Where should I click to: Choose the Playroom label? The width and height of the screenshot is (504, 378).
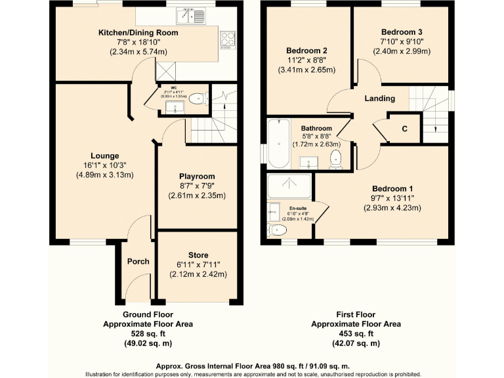coord(197,177)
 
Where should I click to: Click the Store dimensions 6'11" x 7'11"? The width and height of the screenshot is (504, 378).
coord(197,264)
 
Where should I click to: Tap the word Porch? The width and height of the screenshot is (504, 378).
coord(138,261)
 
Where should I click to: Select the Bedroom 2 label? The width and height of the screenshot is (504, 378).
coord(306,51)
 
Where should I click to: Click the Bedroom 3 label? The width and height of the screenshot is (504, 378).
coord(402,31)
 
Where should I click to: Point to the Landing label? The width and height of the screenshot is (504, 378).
coord(379,99)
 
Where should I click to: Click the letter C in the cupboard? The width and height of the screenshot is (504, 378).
coord(404,129)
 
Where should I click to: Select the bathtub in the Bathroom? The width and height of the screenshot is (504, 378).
coord(278,144)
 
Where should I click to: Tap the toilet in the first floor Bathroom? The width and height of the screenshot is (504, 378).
coord(336,159)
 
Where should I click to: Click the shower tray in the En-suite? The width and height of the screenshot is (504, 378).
coord(289,186)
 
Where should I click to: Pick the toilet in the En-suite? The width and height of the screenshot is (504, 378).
coord(277,230)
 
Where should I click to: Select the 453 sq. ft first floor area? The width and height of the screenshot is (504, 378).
coord(355,333)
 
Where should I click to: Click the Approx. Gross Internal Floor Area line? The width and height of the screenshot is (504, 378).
coord(253,366)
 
